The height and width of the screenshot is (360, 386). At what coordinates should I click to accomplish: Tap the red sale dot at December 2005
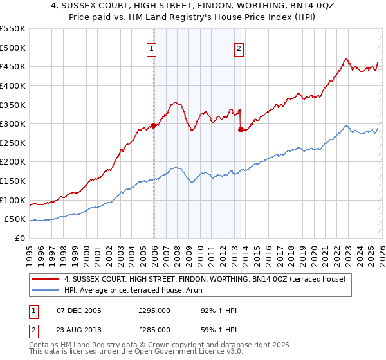pyautogui.click(x=153, y=126)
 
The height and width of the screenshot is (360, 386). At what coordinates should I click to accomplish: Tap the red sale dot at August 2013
pyautogui.click(x=241, y=130)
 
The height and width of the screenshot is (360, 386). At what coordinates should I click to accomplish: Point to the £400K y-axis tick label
pyautogui.click(x=13, y=85)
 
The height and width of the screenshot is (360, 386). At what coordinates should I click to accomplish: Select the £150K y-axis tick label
pyautogui.click(x=13, y=181)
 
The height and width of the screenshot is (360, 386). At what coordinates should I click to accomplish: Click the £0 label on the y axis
pyautogui.click(x=20, y=239)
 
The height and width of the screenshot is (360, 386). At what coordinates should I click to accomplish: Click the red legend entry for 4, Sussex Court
pyautogui.click(x=205, y=279)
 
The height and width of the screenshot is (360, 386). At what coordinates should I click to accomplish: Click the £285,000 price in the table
pyautogui.click(x=154, y=329)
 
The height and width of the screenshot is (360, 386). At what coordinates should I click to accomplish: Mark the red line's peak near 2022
pyautogui.click(x=345, y=59)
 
